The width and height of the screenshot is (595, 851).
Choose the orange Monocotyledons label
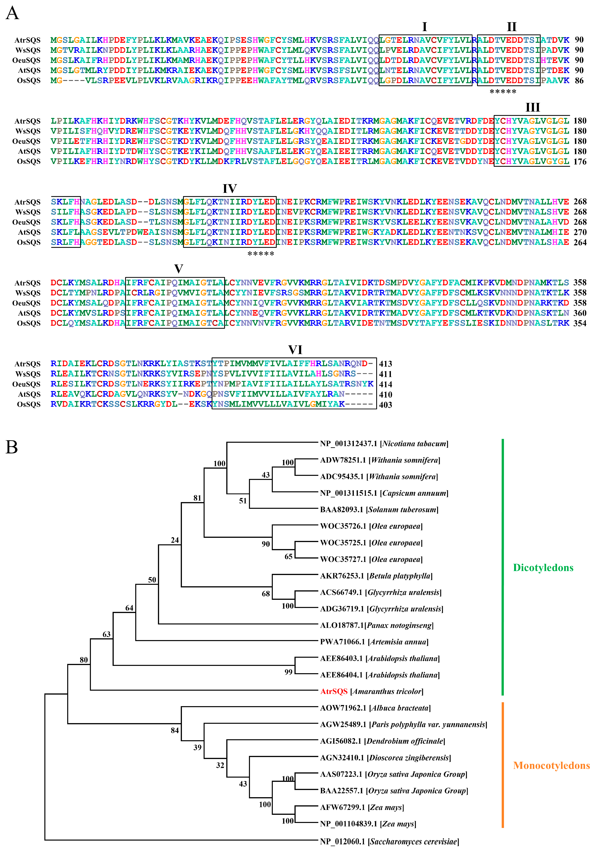551,765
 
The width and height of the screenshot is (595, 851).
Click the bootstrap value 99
288,672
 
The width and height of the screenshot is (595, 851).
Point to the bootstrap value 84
175,730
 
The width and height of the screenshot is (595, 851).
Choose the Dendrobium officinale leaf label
383,741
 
